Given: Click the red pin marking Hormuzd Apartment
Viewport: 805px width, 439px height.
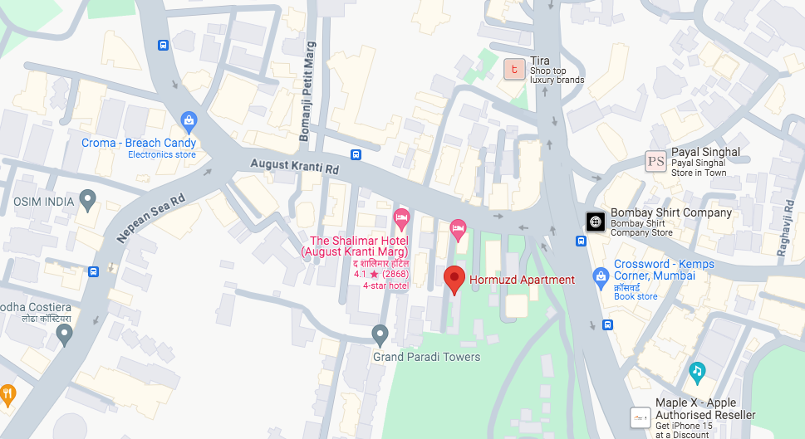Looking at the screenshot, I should coord(454,279).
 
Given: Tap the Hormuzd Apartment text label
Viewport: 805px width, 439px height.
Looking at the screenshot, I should coord(521,280).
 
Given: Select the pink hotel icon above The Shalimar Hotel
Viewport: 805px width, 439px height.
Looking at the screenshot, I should coord(401,219).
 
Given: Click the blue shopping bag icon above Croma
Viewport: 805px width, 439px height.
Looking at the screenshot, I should coord(189,122).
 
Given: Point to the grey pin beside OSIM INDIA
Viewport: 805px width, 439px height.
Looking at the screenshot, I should coord(88,199).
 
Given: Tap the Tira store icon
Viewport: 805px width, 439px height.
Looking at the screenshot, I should coord(515,70).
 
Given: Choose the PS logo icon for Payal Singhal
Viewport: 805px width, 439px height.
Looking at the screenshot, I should coord(656,161).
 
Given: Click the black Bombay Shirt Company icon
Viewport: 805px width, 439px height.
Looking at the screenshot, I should coord(596,222).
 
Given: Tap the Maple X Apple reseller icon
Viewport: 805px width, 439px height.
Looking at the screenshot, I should coord(641,417).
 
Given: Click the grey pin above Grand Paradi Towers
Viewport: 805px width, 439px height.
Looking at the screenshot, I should coord(380,334).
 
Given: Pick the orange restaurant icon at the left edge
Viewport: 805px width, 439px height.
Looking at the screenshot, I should coord(7,393).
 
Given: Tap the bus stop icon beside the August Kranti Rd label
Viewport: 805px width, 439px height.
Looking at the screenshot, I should coord(356,154).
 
